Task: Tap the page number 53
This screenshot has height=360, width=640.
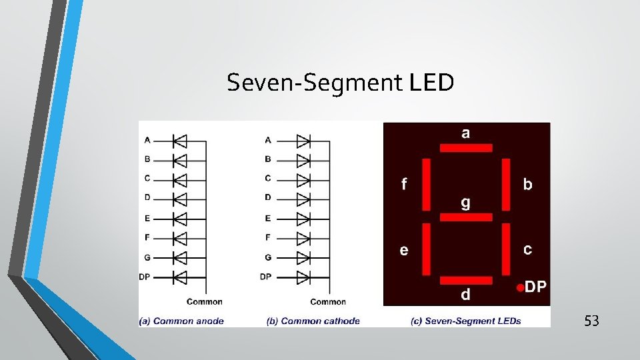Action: coord(591,321)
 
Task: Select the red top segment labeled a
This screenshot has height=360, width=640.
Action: coord(466,147)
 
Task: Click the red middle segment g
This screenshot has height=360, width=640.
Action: coord(466,217)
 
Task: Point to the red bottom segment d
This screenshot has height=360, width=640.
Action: coord(466,279)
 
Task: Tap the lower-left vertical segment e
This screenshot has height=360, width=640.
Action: coord(427,249)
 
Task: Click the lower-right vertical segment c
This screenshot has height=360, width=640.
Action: coord(505,249)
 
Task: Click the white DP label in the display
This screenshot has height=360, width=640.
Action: coord(536,287)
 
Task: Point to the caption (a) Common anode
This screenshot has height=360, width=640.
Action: coord(181,321)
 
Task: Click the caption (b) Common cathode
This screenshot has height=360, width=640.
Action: coord(313,321)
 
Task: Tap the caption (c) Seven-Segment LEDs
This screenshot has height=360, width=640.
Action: coord(465,321)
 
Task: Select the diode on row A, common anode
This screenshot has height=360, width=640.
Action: coord(179,141)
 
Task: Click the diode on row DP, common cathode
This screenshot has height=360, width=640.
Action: coord(303,277)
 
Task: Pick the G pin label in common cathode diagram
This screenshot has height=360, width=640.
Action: coord(268,257)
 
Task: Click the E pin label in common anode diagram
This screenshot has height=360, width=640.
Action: coord(147,218)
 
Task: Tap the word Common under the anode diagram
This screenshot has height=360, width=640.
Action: coord(205,302)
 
